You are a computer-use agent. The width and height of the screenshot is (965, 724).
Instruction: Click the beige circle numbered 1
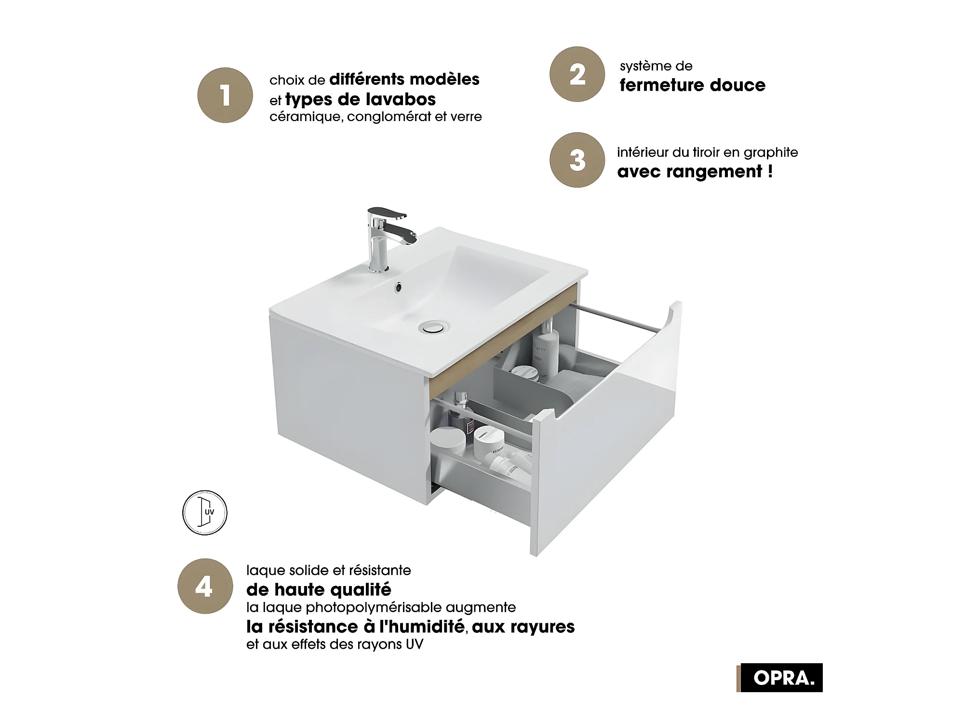point(225,95)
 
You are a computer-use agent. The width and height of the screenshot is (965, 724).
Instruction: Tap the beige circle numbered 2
point(577,74)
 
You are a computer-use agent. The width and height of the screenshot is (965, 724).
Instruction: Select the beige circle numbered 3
point(577,160)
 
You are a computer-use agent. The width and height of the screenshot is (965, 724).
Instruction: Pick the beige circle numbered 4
point(205,586)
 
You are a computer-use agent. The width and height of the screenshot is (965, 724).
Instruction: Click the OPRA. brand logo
point(779,678)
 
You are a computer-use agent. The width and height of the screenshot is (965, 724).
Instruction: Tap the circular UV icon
point(205,513)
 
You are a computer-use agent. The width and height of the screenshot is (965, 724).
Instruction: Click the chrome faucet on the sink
point(387,239)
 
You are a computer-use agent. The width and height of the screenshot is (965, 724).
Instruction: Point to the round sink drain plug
point(432,327)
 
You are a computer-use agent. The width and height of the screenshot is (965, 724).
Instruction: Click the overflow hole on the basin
point(398,287)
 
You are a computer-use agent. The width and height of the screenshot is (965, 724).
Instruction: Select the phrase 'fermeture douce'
point(693,85)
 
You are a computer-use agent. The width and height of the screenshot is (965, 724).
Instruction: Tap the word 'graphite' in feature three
point(771,153)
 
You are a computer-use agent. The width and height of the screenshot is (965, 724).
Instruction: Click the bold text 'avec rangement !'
point(695,171)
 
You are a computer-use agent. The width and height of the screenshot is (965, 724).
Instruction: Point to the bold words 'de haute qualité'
point(319,589)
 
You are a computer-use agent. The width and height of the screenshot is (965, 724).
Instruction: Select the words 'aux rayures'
point(523,627)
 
